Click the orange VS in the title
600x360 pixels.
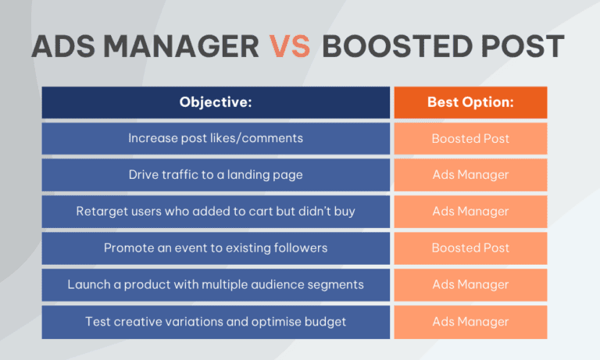pyautogui.click(x=290, y=47)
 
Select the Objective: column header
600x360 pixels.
pyautogui.click(x=216, y=102)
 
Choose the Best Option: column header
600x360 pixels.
pyautogui.click(x=470, y=102)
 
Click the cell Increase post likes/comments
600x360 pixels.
pyautogui.click(x=216, y=138)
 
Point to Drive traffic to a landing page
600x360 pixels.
pyautogui.click(x=216, y=175)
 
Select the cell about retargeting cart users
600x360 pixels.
pyautogui.click(x=216, y=212)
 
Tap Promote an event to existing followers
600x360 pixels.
pyautogui.click(x=216, y=248)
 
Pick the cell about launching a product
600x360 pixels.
pyautogui.click(x=216, y=284)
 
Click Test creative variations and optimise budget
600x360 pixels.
pyautogui.click(x=216, y=321)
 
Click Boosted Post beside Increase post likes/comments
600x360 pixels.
pyautogui.click(x=470, y=138)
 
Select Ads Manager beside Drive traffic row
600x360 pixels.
pyautogui.click(x=470, y=175)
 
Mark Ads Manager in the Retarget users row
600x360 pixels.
pyautogui.click(x=470, y=212)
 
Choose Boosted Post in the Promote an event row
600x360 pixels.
pyautogui.click(x=470, y=248)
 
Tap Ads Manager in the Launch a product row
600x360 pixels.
pyautogui.click(x=470, y=284)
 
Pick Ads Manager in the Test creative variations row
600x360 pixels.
pyautogui.click(x=470, y=321)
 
